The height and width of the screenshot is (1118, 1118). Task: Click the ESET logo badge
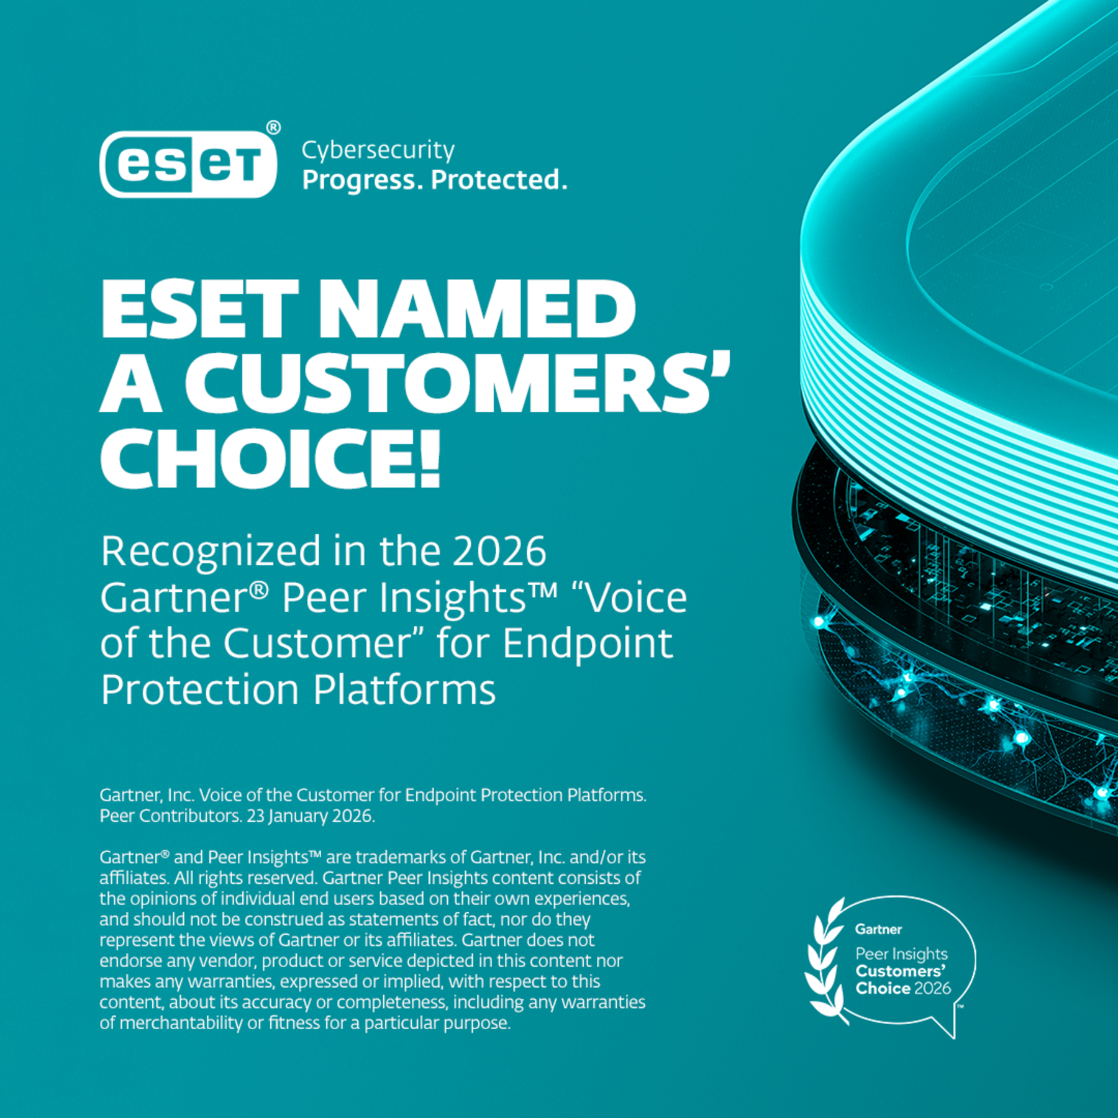click(188, 164)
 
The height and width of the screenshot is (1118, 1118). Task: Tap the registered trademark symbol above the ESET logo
click(273, 127)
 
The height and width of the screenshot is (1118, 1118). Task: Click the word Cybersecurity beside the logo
click(378, 151)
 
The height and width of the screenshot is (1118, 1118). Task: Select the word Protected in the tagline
click(499, 180)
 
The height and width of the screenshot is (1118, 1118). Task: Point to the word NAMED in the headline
click(477, 309)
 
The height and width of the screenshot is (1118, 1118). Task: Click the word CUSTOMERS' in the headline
click(458, 383)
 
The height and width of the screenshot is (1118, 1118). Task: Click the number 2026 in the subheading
click(499, 551)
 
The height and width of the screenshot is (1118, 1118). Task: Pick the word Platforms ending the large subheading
click(404, 689)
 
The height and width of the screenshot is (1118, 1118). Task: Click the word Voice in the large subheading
click(636, 598)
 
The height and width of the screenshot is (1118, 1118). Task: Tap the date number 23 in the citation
click(256, 816)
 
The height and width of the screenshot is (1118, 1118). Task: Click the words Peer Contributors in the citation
click(170, 816)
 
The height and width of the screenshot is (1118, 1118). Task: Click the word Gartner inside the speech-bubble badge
click(878, 930)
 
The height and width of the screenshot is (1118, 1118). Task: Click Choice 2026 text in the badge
click(903, 988)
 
